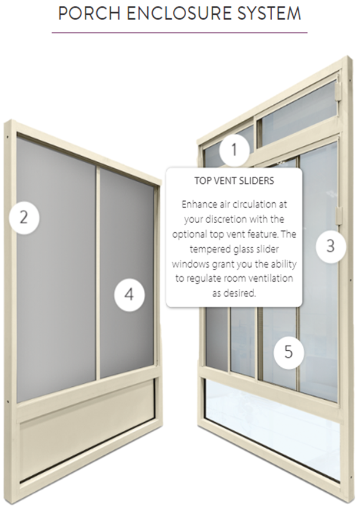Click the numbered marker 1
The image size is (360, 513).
[234, 150]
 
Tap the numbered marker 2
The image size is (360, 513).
[24, 218]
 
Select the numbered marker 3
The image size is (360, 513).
[330, 246]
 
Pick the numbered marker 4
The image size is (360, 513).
[129, 294]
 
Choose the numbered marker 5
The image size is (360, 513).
[289, 352]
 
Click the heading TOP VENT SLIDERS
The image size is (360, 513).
[234, 180]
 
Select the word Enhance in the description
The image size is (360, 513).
[197, 205]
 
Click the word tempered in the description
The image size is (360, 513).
[204, 249]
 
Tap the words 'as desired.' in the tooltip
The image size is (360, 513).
[234, 293]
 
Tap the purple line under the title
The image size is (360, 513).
[180, 32]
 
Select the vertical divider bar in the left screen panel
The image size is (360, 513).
[97, 273]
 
